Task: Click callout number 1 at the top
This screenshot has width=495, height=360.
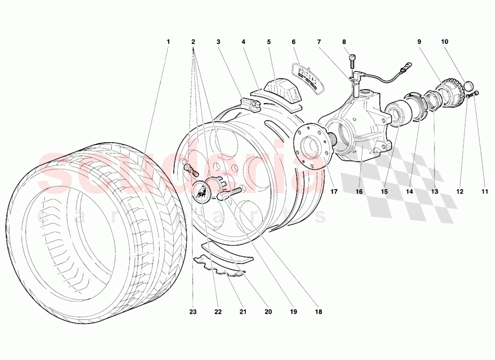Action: [168, 42]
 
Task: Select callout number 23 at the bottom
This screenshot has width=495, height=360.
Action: [193, 312]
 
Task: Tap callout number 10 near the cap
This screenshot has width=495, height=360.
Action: [445, 42]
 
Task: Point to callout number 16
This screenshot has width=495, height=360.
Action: [359, 192]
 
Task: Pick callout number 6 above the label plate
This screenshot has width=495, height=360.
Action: [294, 42]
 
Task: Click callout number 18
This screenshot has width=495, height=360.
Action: [318, 312]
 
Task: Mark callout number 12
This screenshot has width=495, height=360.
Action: [460, 192]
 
